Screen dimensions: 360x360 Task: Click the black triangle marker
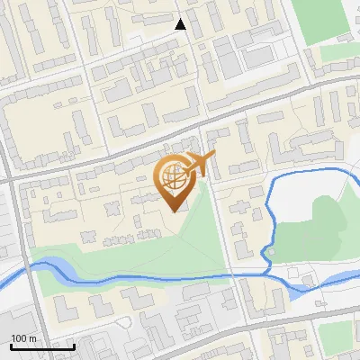pyautogui.click(x=181, y=24)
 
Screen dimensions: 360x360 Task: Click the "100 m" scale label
pyautogui.click(x=23, y=338)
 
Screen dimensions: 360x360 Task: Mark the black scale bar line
pyautogui.click(x=42, y=346)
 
